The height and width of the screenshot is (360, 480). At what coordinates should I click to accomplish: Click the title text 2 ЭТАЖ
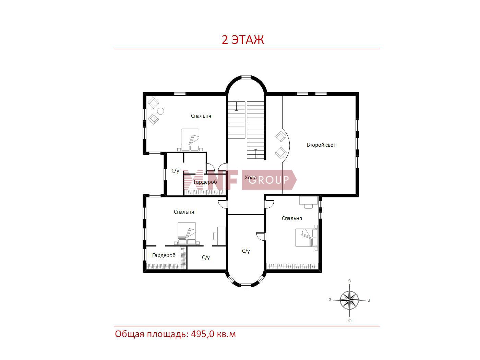pos(243,40)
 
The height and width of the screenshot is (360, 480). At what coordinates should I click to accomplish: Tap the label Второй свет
pos(321,145)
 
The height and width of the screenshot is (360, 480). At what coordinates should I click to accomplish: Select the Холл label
pos(251,178)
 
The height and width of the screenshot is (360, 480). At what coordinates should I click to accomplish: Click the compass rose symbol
pos(349,300)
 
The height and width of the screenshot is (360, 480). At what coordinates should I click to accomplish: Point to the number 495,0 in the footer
pos(203,334)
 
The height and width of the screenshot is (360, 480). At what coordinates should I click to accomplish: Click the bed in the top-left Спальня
pos(190,140)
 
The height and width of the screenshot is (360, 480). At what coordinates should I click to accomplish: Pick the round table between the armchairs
pos(161,111)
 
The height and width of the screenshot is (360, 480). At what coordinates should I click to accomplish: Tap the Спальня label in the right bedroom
pos(292,218)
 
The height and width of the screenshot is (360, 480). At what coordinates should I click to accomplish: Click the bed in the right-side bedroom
pos(307,238)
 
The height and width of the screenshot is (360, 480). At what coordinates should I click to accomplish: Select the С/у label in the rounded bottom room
pos(246,251)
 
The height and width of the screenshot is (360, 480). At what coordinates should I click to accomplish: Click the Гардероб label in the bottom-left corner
pos(164,255)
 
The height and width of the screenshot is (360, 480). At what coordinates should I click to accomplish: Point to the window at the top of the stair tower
pos(246,77)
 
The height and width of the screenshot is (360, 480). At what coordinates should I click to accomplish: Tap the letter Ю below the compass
pos(349,321)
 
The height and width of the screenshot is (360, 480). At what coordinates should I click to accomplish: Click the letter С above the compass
pos(349,281)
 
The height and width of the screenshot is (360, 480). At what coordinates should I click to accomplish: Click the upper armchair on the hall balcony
pos(280,136)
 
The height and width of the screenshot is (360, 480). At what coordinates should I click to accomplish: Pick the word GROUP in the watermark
pos(269,180)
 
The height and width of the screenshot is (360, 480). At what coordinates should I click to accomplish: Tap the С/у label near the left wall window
pos(175,171)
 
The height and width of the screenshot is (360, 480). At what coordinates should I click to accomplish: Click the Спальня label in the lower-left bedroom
pos(184,212)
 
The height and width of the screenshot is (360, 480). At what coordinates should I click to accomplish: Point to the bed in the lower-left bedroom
pos(187,233)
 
